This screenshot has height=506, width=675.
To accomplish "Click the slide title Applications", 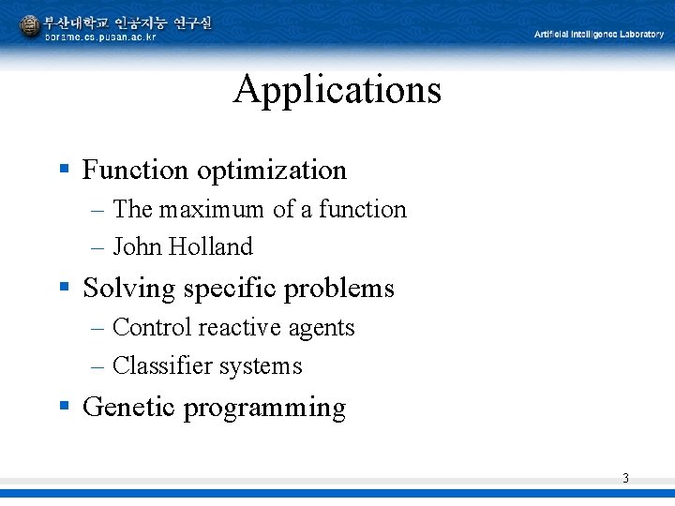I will [x=337, y=90].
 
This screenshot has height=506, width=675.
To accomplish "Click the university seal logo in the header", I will [x=30, y=26].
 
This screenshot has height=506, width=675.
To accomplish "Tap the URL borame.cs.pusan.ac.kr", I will [x=100, y=37].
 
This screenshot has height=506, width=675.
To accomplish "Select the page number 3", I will [x=625, y=479].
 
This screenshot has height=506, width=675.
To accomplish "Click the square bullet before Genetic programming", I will [x=65, y=407].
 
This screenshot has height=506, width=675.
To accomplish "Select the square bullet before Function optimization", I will [x=65, y=170].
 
